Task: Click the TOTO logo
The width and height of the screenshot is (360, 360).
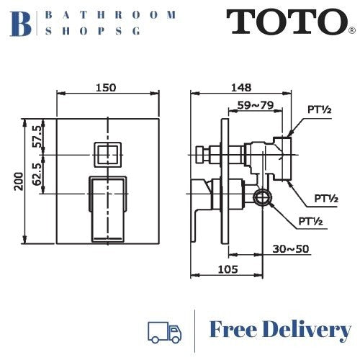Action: (x=284, y=22)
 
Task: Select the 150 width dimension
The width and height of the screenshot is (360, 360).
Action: (x=107, y=88)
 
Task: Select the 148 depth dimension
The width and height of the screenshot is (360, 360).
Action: (x=241, y=88)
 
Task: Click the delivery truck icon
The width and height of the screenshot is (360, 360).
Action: (x=163, y=331)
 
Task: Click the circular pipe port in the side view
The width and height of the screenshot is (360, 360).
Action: (x=261, y=197)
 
